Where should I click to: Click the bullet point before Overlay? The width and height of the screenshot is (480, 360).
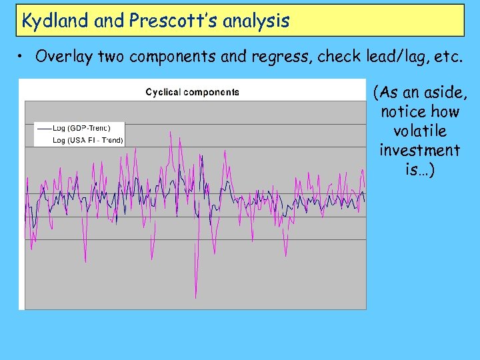[23, 57]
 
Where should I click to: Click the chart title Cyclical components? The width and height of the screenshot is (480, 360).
[193, 92]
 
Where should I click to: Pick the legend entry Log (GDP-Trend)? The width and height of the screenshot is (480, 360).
[81, 127]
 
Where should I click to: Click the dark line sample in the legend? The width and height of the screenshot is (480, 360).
[43, 127]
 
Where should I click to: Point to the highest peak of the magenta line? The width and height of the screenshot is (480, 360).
[172, 132]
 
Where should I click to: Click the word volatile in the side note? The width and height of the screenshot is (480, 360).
[419, 131]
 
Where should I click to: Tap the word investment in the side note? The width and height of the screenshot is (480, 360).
[419, 150]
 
